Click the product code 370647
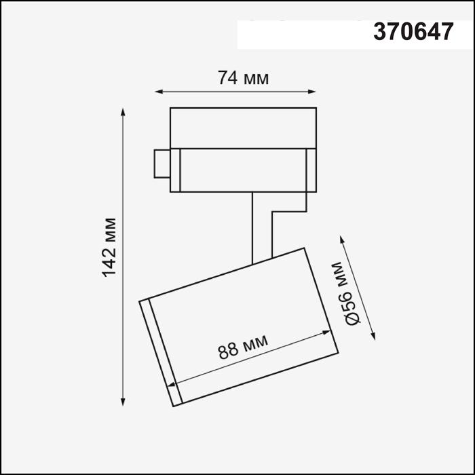[x=413, y=33]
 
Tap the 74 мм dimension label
[x=243, y=78]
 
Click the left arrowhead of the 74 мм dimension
[x=159, y=90]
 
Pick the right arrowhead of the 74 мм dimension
[x=313, y=90]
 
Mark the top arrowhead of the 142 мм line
[x=123, y=111]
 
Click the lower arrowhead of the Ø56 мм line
[x=373, y=335]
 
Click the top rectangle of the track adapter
[x=243, y=127]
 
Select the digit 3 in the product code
[x=379, y=33]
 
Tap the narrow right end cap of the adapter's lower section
[x=311, y=170]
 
